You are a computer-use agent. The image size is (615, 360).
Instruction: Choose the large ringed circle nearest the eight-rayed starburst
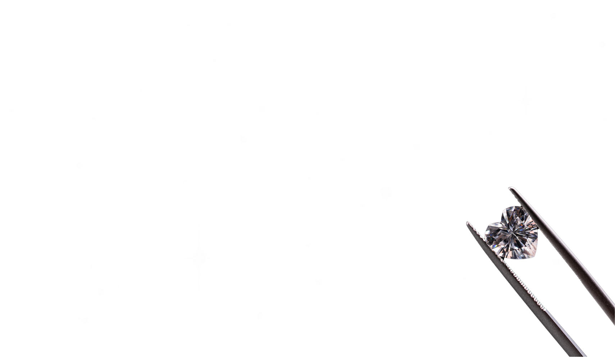point(365,294)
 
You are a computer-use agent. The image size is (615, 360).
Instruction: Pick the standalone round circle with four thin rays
point(386,191)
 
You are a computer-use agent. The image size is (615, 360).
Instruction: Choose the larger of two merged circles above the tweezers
point(561,83)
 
